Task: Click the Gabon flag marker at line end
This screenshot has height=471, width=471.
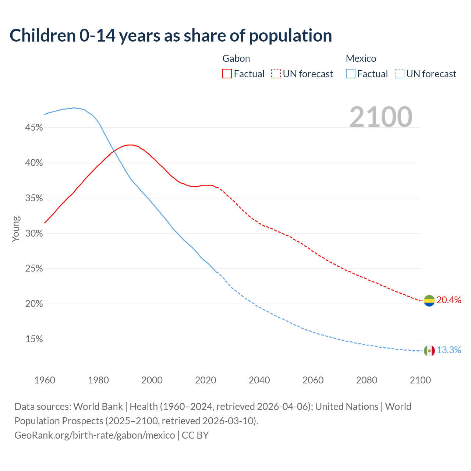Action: [x=429, y=301]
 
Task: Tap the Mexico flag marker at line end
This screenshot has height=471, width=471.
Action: [x=429, y=351]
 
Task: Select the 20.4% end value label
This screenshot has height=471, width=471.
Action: [x=449, y=300]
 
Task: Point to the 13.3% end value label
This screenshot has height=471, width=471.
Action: [x=449, y=350]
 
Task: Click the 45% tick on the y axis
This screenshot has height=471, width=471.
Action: [x=34, y=128]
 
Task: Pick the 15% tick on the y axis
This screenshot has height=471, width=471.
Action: [x=34, y=339]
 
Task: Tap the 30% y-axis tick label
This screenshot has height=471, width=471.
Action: [x=34, y=234]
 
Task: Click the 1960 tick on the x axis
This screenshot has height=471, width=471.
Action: [x=45, y=380]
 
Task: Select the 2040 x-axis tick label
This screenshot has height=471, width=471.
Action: [x=259, y=380]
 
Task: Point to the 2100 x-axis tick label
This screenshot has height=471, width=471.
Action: [x=420, y=380]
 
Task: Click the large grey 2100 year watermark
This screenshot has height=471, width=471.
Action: [x=380, y=117]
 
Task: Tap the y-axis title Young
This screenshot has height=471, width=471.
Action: [x=16, y=229]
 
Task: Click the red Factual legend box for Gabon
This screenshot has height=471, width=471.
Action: [x=227, y=74]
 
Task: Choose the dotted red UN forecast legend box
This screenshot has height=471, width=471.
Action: [x=276, y=74]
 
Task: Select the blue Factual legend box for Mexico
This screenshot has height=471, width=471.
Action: [x=351, y=74]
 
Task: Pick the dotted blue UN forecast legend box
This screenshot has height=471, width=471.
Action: [x=400, y=74]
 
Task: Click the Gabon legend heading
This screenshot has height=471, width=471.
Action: [x=236, y=59]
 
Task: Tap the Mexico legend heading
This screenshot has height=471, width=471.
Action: [x=361, y=59]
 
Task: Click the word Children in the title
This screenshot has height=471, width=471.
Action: [x=42, y=36]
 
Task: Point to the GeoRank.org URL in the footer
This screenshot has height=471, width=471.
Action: [x=95, y=435]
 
